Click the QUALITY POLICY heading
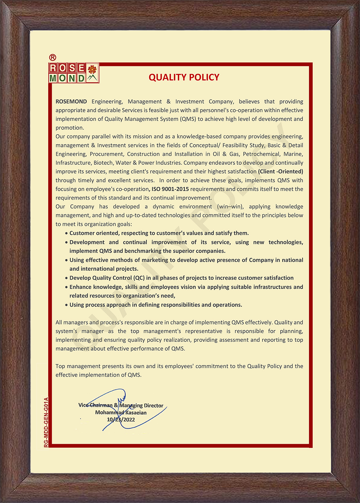point(184,78)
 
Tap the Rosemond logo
point(74,73)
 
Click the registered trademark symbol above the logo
point(52,57)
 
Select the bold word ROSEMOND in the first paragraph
point(71,102)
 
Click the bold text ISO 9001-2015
point(170,189)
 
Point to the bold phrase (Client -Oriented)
point(280,172)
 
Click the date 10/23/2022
point(121,420)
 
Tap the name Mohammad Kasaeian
point(121,413)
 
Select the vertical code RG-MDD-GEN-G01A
point(46,422)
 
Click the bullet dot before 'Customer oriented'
point(66,233)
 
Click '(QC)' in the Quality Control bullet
point(139,278)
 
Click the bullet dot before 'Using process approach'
point(66,305)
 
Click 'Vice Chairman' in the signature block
point(95,405)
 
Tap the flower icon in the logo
point(92,69)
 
